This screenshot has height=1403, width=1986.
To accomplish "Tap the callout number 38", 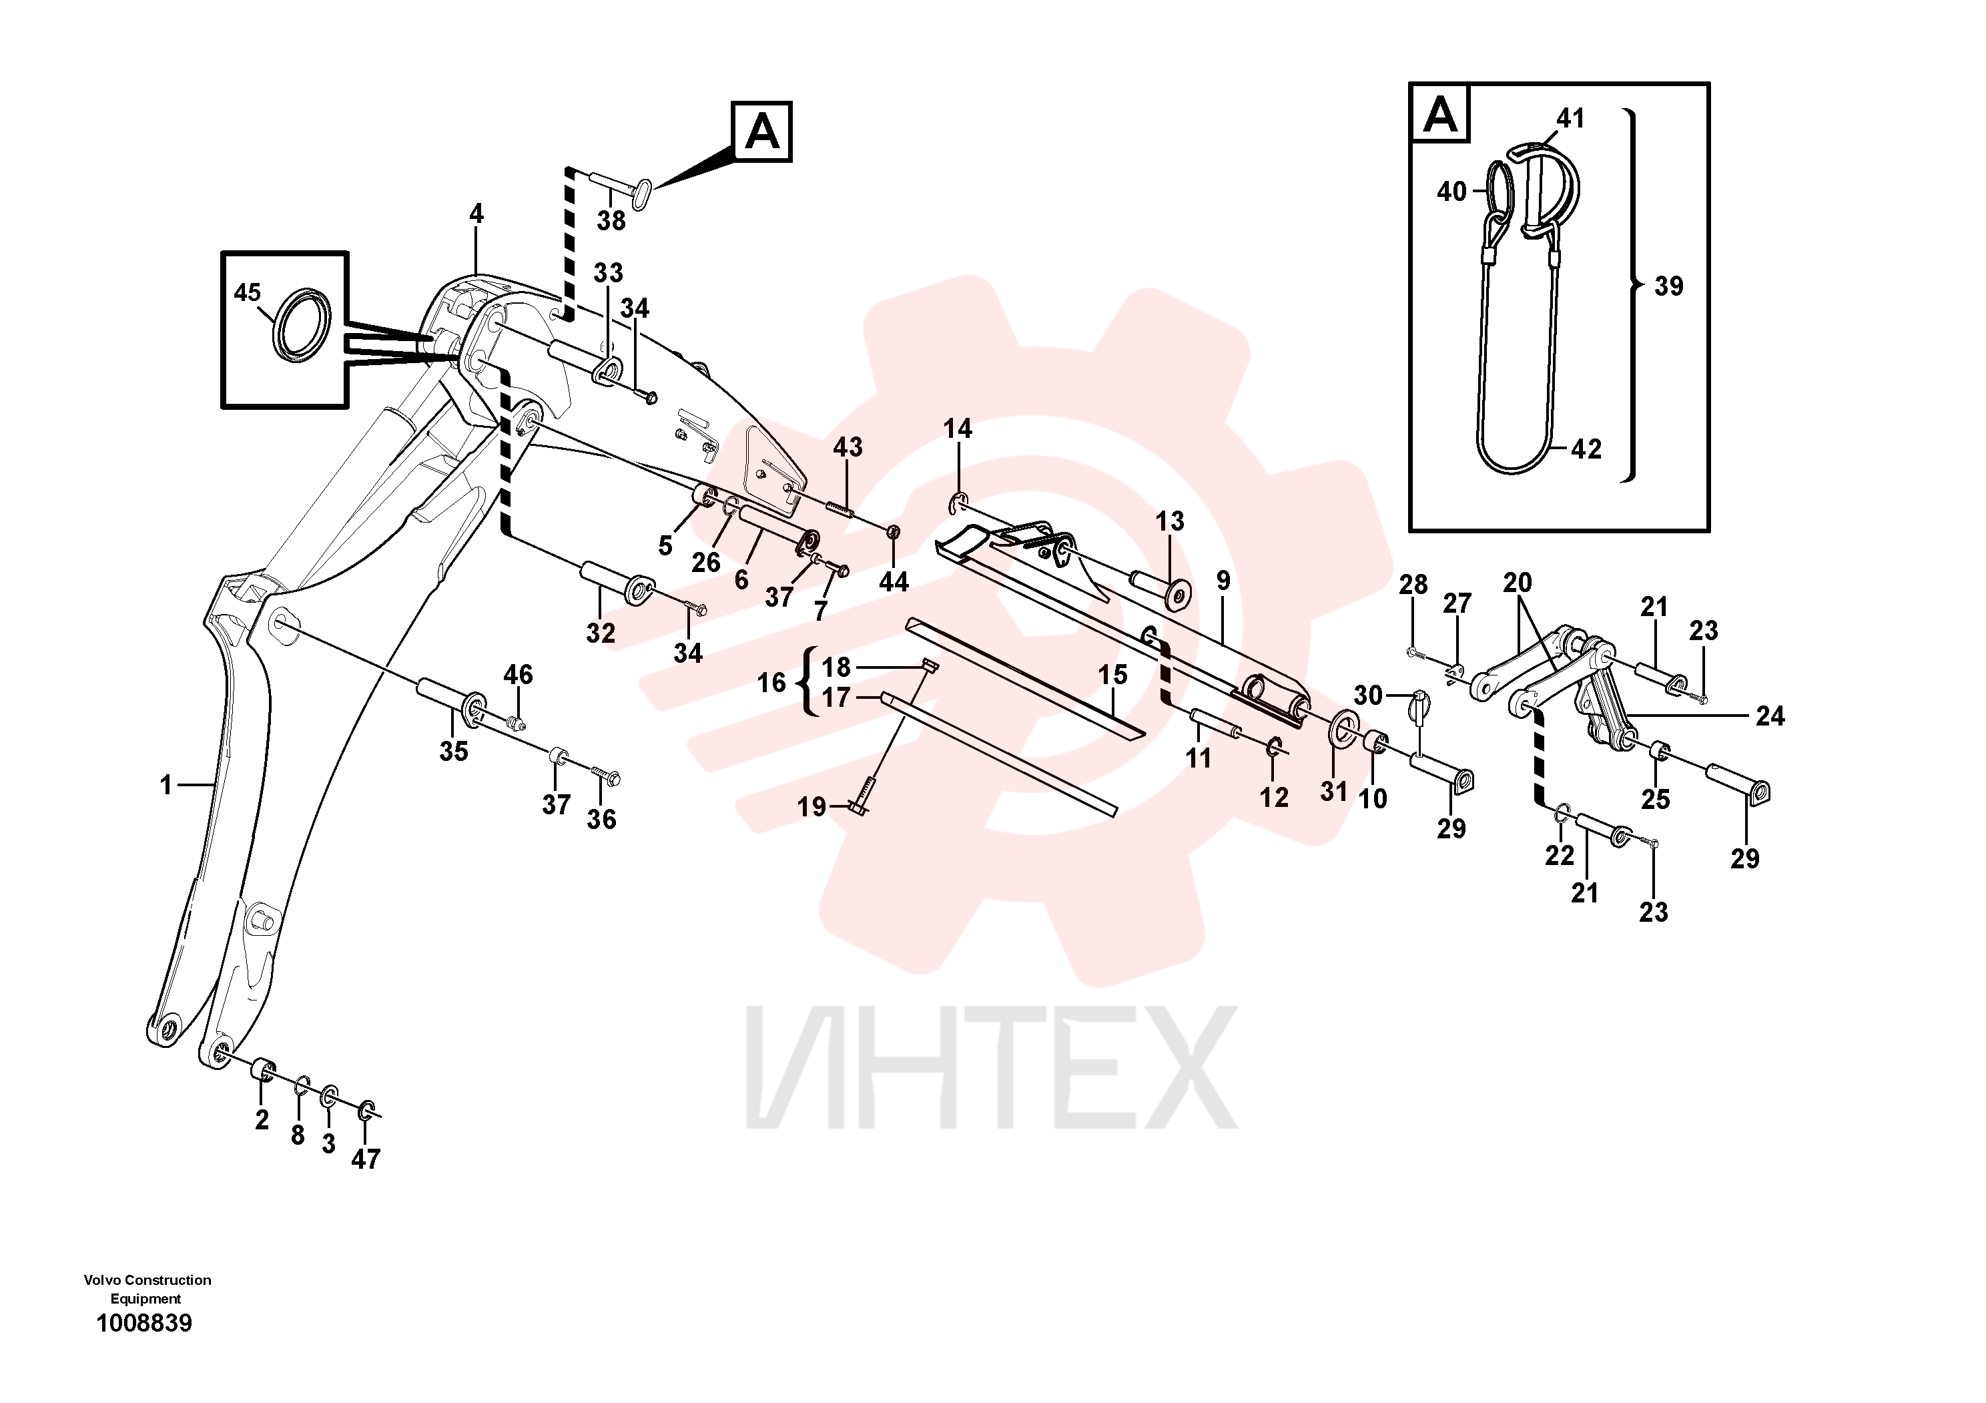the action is coord(611,220).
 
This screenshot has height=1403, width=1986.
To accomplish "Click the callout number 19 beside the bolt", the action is coord(811,806).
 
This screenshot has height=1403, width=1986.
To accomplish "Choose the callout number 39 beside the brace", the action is coord(1668,286).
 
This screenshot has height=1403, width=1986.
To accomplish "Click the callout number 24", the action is coord(1770,716).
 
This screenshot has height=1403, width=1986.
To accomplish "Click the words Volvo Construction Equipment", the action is coord(147,1289).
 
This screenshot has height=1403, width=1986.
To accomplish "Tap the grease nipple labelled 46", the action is coord(517,722).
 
